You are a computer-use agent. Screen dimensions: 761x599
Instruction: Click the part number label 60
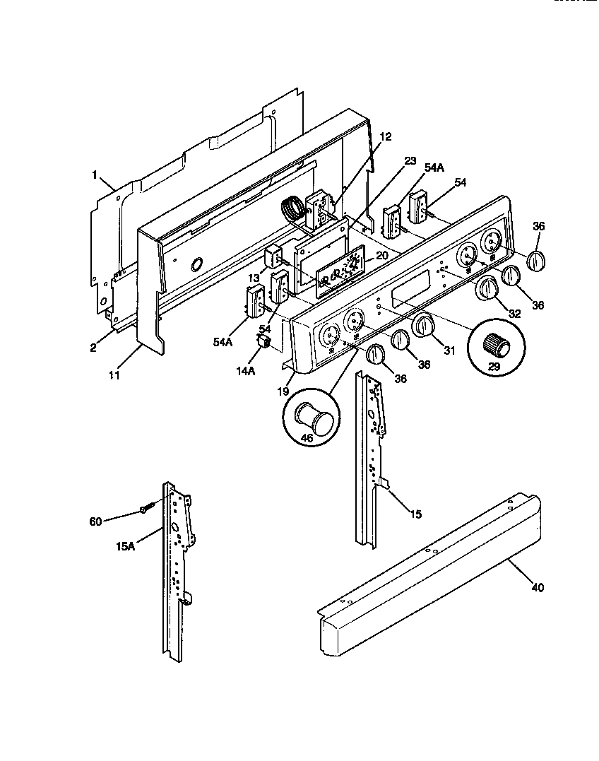(95, 521)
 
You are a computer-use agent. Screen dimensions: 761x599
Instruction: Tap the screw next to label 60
(146, 508)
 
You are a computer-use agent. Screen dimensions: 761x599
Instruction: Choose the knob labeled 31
(422, 326)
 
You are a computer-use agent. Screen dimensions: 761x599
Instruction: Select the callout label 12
(384, 136)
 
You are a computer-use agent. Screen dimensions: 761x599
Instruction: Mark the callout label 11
(114, 376)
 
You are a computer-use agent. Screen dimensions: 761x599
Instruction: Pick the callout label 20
(381, 255)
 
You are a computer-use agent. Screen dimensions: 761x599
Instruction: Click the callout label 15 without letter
(415, 514)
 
